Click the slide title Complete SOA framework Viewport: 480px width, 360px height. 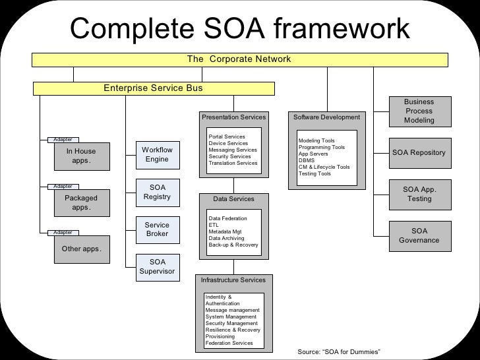[240, 28]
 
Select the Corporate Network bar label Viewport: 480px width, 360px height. [239, 59]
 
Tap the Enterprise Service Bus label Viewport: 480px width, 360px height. [153, 88]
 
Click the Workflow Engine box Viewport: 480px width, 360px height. [157, 155]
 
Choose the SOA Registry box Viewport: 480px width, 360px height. [157, 193]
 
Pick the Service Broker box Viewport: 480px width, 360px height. [157, 229]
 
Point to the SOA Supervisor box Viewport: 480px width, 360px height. [157, 266]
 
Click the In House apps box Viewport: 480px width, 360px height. [81, 156]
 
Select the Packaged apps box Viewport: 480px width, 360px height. [81, 202]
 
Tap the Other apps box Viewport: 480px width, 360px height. [81, 249]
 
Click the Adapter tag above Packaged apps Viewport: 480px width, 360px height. [64, 187]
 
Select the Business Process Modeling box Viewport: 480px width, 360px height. [419, 111]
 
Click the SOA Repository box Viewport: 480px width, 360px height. [419, 153]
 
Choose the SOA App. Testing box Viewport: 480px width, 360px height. [419, 195]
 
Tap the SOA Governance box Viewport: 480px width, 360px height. [419, 236]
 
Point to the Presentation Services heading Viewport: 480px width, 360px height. [233, 117]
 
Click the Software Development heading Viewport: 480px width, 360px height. [326, 117]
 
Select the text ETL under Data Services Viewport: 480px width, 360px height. [213, 225]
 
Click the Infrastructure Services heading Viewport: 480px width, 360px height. [233, 280]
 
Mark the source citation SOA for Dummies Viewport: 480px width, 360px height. [340, 352]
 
